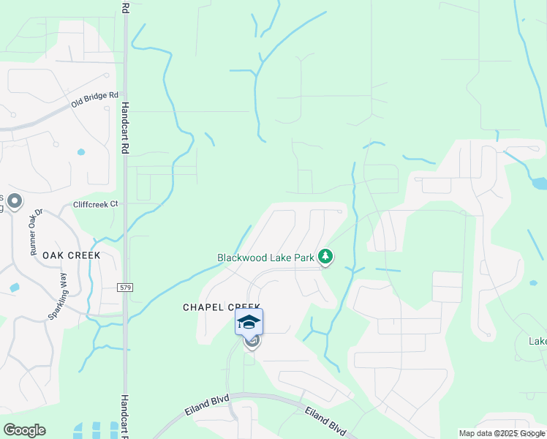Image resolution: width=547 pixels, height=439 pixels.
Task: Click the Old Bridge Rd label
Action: point(94,101)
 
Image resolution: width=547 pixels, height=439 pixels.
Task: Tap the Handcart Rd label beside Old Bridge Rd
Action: point(125,127)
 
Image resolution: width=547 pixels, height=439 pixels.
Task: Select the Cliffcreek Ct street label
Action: point(95,204)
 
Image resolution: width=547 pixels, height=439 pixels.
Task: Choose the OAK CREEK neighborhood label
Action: point(71,255)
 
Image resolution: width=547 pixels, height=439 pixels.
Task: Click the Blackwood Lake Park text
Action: point(265,258)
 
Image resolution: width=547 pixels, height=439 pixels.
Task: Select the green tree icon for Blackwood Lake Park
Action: point(325,258)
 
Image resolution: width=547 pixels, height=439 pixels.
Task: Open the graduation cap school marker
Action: point(249,322)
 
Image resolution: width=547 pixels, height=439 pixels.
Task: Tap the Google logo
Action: point(24,430)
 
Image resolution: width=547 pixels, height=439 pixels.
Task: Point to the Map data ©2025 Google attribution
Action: point(502,433)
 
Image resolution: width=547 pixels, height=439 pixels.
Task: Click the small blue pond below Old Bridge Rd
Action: point(80,153)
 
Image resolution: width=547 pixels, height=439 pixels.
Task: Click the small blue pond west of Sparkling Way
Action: point(13,288)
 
